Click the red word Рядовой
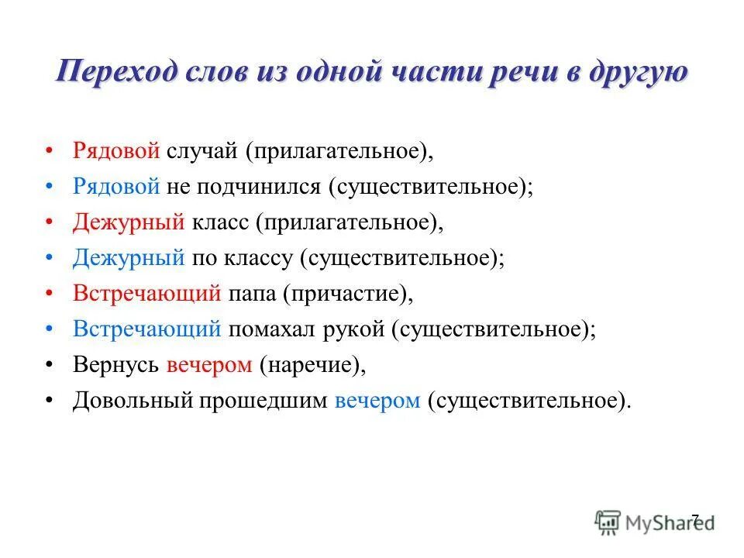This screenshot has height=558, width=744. [x=116, y=150]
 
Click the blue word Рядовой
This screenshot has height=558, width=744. [x=116, y=186]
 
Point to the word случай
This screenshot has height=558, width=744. [x=203, y=150]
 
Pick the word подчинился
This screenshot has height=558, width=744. [x=263, y=186]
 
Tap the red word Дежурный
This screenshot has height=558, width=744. [x=128, y=222]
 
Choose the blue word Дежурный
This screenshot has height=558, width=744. [x=128, y=257]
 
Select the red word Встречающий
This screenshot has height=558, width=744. [x=147, y=293]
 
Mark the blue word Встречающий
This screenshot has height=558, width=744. [x=147, y=329]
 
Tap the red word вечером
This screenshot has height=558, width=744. [x=209, y=364]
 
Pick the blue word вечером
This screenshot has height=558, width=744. [x=378, y=401]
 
